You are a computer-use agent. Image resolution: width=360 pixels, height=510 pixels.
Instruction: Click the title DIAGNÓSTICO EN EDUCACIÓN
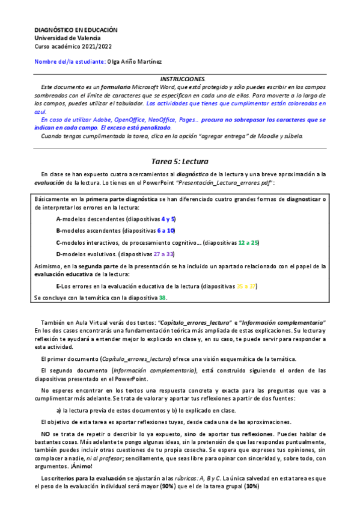click(75, 29)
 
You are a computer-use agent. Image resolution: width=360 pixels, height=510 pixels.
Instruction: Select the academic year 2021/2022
click(96, 46)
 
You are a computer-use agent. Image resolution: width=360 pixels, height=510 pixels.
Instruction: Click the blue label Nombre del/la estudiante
click(69, 61)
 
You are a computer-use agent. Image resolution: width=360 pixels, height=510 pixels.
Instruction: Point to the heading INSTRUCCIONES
click(182, 79)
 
